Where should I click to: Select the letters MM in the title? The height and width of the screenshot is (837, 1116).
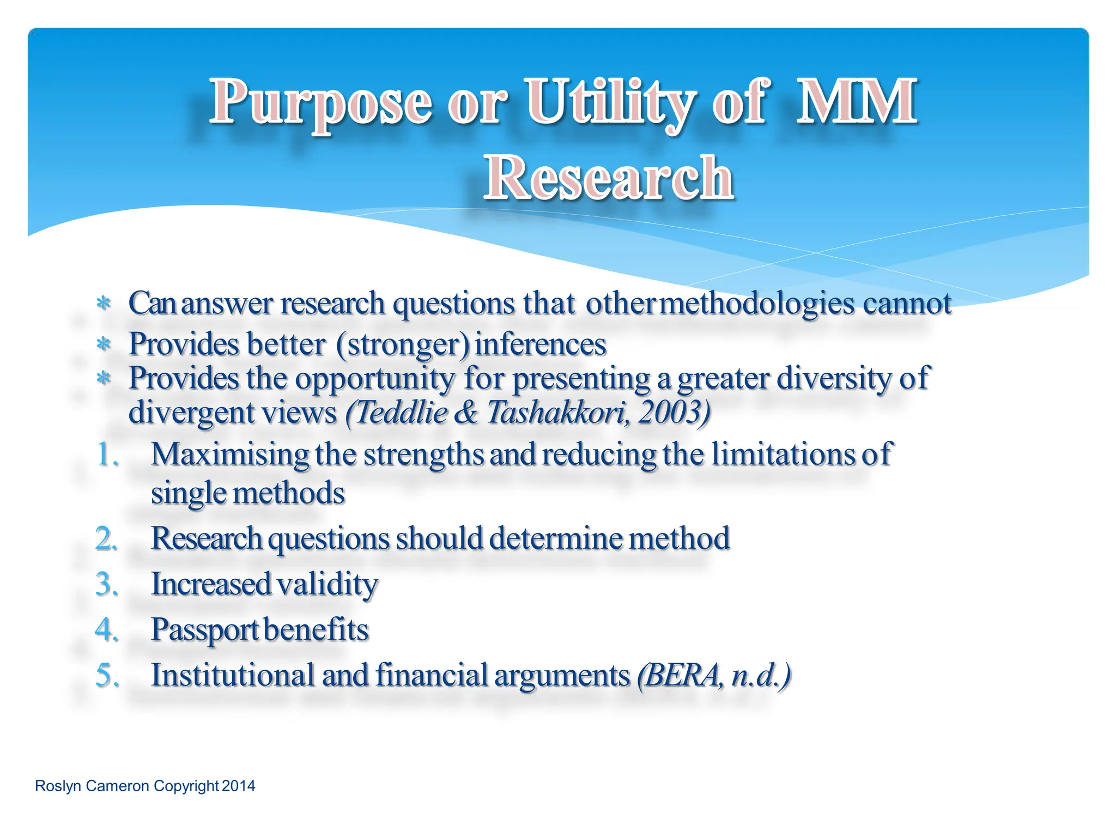856,101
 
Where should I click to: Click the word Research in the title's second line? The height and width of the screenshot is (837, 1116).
608,178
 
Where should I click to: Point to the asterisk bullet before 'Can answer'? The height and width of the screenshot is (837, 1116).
104,304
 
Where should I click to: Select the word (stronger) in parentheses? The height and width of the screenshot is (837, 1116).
402,345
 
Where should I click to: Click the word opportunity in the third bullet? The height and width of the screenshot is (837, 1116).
375,378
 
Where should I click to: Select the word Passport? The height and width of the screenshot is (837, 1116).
205,630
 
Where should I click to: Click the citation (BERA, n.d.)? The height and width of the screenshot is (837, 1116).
714,676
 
